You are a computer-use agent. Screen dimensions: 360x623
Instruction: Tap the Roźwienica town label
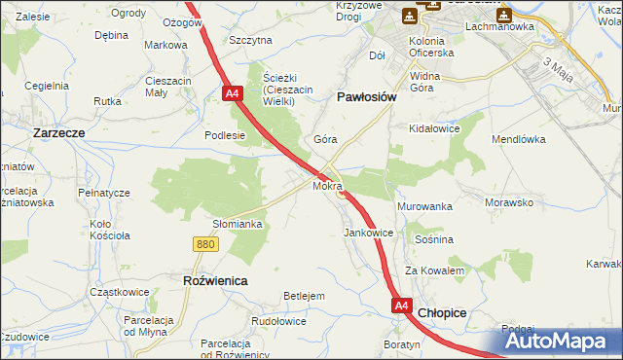[215, 280]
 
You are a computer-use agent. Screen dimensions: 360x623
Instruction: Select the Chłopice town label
[442, 313]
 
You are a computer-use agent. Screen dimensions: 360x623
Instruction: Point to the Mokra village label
[327, 185]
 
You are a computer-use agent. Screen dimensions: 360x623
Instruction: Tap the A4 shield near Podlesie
[232, 94]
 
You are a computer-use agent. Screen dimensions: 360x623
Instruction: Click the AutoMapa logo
[558, 341]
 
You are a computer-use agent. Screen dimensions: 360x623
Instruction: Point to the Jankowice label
[368, 234]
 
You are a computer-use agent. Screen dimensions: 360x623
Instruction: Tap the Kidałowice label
[434, 128]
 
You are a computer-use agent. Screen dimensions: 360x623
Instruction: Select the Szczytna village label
[250, 40]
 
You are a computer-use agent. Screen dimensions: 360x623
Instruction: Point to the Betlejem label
[303, 296]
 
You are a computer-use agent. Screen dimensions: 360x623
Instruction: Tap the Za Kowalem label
[434, 270]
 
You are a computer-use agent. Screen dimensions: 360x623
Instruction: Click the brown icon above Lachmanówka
[503, 14]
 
